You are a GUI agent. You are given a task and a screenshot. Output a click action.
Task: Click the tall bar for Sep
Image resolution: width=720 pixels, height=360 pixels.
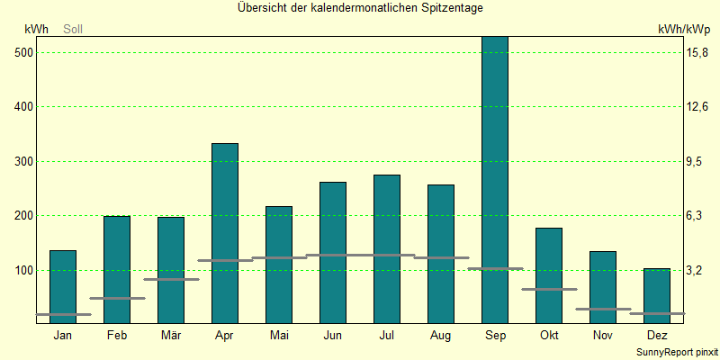[x=495, y=180]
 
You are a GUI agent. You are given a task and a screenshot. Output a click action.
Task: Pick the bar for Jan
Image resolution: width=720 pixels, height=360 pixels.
[x=63, y=286]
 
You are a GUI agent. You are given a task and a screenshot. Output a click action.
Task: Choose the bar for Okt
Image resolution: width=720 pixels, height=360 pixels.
[x=549, y=274]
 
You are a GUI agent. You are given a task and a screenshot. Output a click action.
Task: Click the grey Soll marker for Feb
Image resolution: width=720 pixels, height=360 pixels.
[x=117, y=298]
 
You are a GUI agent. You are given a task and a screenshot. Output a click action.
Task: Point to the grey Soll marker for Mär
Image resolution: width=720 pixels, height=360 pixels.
[x=171, y=279]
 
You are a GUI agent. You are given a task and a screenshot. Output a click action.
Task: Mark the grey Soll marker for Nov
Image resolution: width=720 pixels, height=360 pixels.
[x=603, y=309]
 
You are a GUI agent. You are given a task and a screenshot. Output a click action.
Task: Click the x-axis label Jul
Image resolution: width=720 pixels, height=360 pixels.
[x=387, y=336]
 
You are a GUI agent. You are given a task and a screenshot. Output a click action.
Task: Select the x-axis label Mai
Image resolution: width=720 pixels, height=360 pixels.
[x=279, y=336]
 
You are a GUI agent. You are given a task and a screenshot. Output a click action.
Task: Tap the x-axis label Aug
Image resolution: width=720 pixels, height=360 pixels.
[x=441, y=336]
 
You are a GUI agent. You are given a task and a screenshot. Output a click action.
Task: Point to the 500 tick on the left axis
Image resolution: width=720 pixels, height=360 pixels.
[x=24, y=53]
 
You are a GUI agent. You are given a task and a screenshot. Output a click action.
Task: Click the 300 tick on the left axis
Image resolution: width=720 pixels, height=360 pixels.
[x=24, y=162]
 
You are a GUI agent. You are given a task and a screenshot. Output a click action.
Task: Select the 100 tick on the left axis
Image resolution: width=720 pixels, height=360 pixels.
[x=24, y=270]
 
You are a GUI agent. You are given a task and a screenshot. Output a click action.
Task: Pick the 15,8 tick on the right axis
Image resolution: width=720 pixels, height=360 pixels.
[x=698, y=53]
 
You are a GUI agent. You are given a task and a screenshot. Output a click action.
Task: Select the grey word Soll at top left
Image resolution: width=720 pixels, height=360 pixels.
[x=73, y=30]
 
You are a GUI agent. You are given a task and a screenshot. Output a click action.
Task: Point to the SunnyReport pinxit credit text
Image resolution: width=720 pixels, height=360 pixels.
[x=676, y=352]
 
